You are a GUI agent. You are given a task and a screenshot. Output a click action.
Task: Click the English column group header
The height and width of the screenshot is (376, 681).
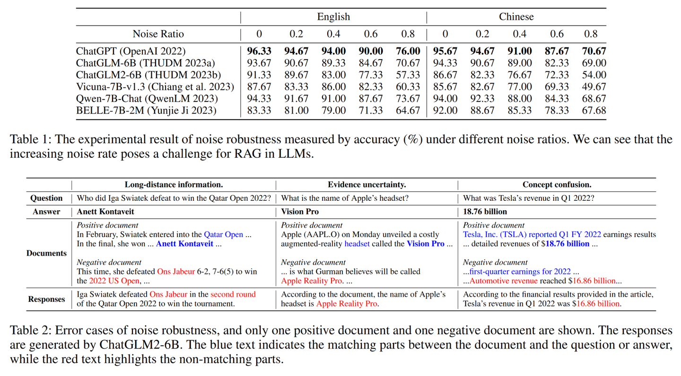[x=333, y=17]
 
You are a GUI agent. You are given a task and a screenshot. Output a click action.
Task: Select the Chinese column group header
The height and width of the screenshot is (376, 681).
[x=516, y=17]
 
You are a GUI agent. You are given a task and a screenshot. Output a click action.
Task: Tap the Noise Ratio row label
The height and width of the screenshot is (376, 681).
[x=158, y=34]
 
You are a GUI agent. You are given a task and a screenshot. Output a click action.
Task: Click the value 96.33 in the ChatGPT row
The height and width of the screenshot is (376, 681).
[x=259, y=51]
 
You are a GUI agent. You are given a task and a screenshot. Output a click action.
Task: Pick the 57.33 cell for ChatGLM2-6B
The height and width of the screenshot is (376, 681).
[x=408, y=75]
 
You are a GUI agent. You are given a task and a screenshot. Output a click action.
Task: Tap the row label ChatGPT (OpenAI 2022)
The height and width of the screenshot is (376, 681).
[x=131, y=51]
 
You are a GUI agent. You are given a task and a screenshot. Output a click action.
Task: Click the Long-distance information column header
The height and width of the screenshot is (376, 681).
[x=174, y=185]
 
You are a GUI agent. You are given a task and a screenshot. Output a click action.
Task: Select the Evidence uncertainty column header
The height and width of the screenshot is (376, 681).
[x=367, y=185]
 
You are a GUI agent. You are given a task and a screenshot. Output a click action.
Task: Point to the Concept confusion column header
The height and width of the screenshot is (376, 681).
[x=557, y=185]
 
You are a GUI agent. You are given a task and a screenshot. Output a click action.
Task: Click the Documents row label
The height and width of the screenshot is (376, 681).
[x=46, y=253]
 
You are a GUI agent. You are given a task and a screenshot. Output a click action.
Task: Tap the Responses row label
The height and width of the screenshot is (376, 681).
[x=46, y=299]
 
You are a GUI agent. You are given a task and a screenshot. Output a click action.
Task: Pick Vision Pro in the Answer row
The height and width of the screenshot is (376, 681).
[x=300, y=212]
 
